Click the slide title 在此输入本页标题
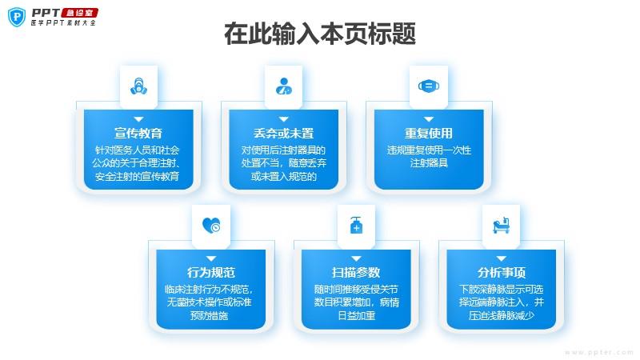pos(320,34)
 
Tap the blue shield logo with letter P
pos(17,17)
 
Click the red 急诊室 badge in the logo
pos(79,13)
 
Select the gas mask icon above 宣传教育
pos(138,86)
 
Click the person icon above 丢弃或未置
pos(284,86)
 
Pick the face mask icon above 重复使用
pos(429,86)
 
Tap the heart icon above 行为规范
pos(211,226)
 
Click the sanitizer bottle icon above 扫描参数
pos(356,226)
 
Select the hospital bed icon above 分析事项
pos(502,226)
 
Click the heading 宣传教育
pos(138,133)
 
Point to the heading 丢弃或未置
pos(284,133)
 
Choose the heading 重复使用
pos(429,133)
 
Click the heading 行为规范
pos(211,272)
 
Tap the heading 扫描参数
pos(356,272)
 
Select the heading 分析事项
pos(502,272)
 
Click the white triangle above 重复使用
pos(429,119)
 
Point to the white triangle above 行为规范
pos(211,258)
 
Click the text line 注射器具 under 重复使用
pos(429,163)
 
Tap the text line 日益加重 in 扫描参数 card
pos(356,315)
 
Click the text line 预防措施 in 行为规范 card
pos(209,315)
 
